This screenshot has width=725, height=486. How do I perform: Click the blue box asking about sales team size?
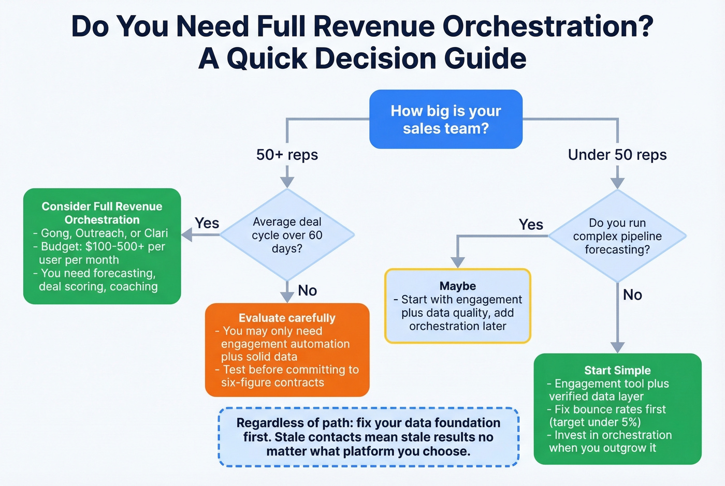point(445,120)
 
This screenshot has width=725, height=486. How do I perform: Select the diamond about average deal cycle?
point(287,235)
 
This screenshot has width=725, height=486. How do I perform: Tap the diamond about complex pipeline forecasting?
point(617,236)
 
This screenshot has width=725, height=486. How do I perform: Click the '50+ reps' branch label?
point(287,155)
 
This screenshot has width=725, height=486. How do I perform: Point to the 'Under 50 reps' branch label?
point(617,155)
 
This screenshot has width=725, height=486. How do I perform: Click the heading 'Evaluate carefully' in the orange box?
point(287,318)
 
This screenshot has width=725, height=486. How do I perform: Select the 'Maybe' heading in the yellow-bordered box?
point(457,286)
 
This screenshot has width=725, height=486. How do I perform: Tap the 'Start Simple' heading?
point(617,370)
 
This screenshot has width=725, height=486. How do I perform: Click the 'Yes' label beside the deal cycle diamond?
point(207,223)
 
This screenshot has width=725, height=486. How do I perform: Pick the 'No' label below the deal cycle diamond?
point(307,291)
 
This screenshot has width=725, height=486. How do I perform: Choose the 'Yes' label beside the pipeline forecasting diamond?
point(531,225)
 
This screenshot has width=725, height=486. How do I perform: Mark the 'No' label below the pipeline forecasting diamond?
point(632,295)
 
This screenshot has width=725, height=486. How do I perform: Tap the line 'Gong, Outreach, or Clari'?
point(104,233)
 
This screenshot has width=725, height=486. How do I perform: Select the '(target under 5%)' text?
point(595,422)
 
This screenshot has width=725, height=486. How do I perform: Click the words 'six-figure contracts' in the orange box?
point(272,382)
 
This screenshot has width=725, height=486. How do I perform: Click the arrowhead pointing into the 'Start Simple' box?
point(617,347)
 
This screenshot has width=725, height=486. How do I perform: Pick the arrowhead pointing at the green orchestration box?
point(187,235)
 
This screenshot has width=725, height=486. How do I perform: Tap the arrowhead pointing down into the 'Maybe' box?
point(457,262)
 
